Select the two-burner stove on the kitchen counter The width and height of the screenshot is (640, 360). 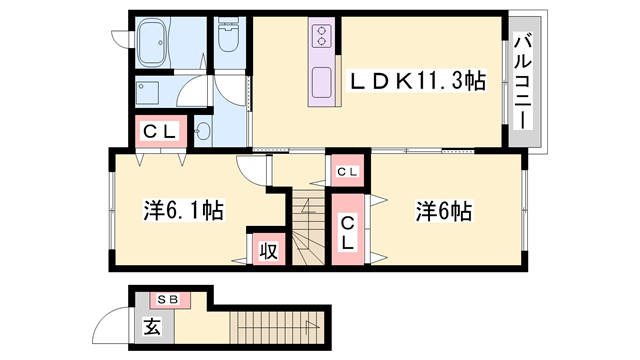click(x=323, y=37)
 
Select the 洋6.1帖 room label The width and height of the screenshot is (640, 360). click(x=182, y=211)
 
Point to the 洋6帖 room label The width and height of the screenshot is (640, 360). click(x=444, y=211)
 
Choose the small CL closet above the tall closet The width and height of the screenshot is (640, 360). click(x=346, y=172)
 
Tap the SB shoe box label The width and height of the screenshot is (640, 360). click(x=165, y=298)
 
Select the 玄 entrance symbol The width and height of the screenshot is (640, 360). click(x=151, y=325)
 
